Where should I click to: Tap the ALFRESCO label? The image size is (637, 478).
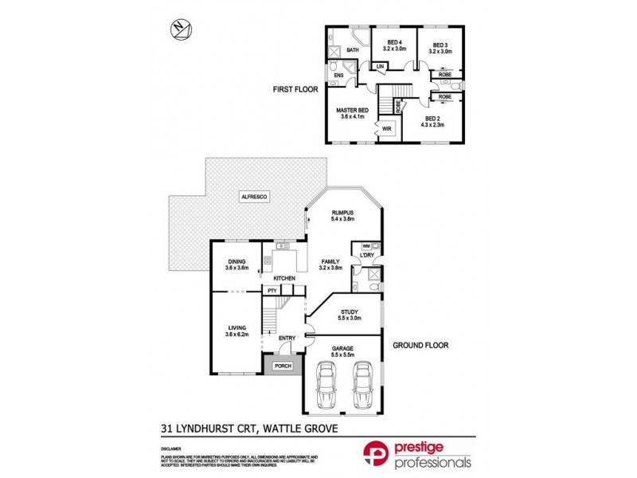tap(257, 195)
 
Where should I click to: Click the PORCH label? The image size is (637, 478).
tap(283, 366)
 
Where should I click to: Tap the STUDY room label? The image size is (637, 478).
tap(349, 313)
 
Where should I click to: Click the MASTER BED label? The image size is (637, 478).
tap(351, 110)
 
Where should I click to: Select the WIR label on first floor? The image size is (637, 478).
tap(386, 128)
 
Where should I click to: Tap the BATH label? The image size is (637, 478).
tap(352, 50)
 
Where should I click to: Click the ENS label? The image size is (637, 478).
tap(338, 76)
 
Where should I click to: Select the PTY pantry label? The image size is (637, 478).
tap(272, 291)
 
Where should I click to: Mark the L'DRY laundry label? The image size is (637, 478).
tap(367, 255)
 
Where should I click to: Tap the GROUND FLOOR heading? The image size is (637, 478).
tap(420, 346)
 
